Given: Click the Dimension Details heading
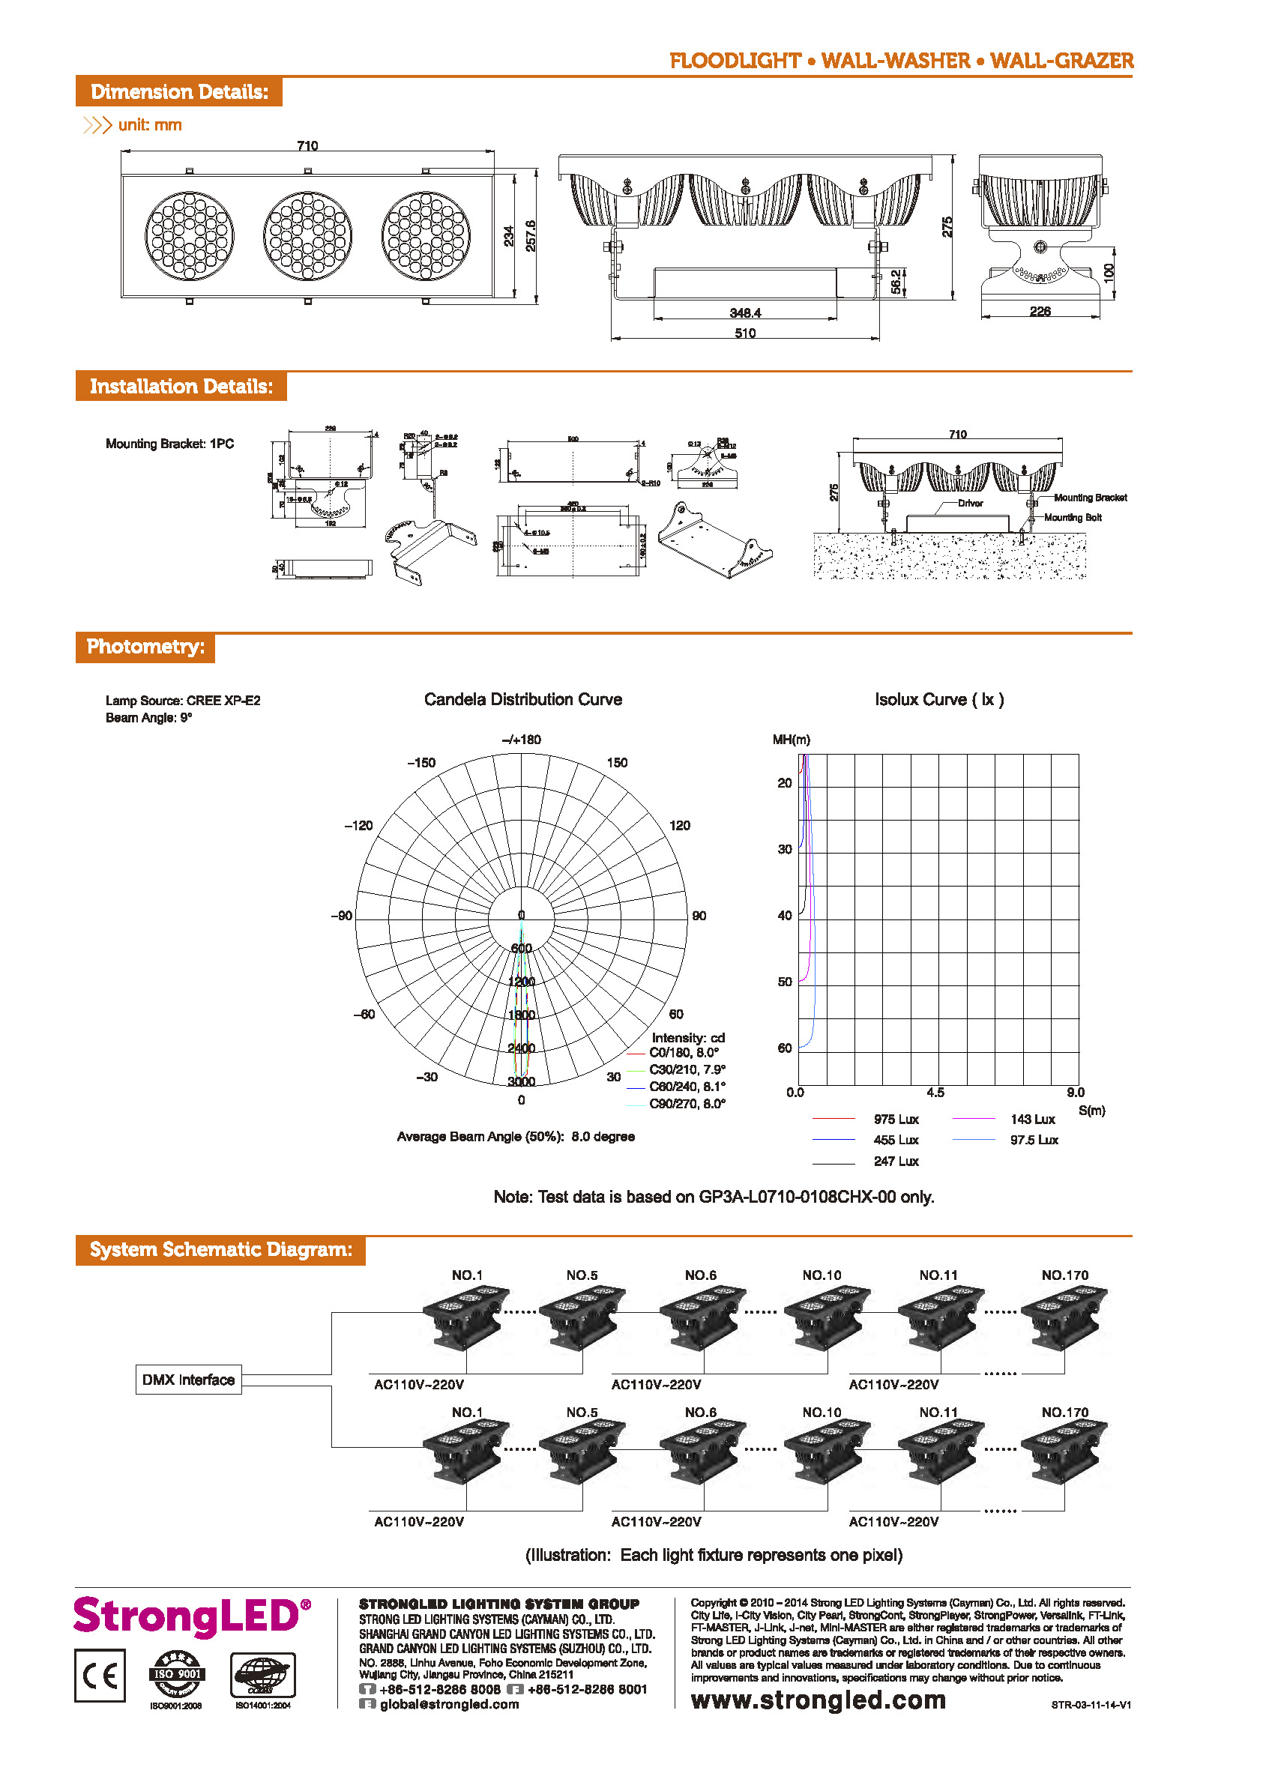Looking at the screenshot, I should tap(179, 92).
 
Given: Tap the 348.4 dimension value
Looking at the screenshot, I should tap(744, 313).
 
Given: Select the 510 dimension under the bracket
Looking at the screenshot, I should tap(744, 333).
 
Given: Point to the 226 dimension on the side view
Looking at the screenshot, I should tap(1040, 312).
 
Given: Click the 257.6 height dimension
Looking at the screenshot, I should tap(531, 235).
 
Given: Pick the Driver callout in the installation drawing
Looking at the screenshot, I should tap(970, 503).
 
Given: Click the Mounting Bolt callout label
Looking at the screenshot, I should tap(1072, 517).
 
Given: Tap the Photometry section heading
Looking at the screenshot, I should tap(145, 647).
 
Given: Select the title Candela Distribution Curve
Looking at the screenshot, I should tap(522, 699).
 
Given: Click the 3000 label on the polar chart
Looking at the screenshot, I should tap(521, 1081).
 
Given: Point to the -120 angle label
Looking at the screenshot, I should tap(359, 825).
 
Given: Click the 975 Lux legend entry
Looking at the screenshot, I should tap(896, 1120).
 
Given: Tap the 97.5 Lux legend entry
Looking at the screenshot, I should tap(1033, 1140).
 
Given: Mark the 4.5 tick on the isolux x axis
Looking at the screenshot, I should tap(935, 1092).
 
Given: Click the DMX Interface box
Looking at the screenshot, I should tap(188, 1380).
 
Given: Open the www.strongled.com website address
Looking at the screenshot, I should tap(818, 1700).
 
